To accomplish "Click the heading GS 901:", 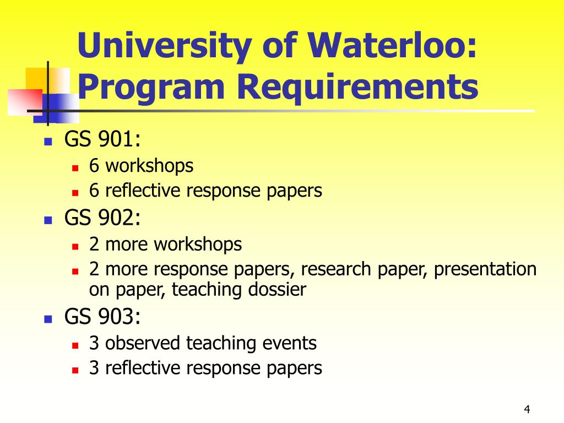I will tap(103, 140).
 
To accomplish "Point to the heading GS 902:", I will tap(103, 219).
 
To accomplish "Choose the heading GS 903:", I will tap(103, 317).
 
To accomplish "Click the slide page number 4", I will tap(527, 409).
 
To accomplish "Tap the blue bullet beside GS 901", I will tap(48, 142).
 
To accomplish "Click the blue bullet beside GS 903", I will tap(48, 319).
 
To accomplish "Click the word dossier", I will tap(278, 290).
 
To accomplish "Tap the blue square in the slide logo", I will tap(64, 107).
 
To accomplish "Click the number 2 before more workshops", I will tap(94, 244).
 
